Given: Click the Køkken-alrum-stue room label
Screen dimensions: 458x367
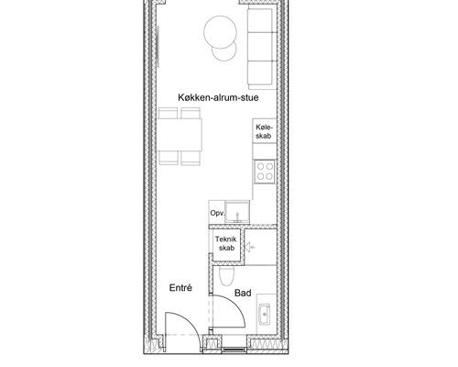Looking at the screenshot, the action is point(218,97).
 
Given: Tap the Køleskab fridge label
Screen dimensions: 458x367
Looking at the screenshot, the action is point(264,131).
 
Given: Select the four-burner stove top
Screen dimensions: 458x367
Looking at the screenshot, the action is point(265,172).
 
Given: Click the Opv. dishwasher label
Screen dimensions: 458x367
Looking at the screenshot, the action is point(218,213).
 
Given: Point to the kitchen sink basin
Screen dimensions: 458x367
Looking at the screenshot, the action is point(237,212).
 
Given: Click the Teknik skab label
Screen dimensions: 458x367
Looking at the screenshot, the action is point(226,243).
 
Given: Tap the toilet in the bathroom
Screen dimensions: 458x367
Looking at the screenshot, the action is point(227,275).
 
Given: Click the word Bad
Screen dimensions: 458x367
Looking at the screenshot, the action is point(243,293).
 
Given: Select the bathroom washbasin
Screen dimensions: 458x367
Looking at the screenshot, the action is point(264,314).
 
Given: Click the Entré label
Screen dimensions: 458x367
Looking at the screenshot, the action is point(180,288).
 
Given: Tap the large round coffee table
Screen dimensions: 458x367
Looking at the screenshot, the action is point(221,32).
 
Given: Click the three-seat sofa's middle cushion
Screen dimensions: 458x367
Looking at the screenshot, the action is point(260,47).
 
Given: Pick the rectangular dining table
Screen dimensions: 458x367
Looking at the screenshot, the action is point(180,135).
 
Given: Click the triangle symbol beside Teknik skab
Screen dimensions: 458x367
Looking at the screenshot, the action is point(248,247).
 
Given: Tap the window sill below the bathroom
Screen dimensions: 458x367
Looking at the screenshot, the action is point(234,350).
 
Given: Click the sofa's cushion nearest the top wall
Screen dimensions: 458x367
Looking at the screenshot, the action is point(260,20).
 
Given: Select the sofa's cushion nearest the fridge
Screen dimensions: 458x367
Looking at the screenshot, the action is point(260,72).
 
